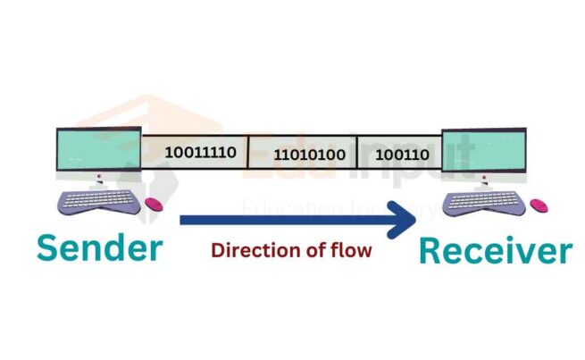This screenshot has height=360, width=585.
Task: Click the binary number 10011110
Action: click(200, 152)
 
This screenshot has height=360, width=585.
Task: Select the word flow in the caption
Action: click(352, 251)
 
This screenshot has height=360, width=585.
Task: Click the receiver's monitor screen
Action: click(486, 152)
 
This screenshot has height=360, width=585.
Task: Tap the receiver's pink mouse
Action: click(539, 205)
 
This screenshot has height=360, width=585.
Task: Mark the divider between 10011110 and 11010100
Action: click(247, 154)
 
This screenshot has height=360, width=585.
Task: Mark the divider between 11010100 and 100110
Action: click(357, 154)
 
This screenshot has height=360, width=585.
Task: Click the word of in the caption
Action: click(313, 251)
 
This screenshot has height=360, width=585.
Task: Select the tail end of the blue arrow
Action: click(183, 221)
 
